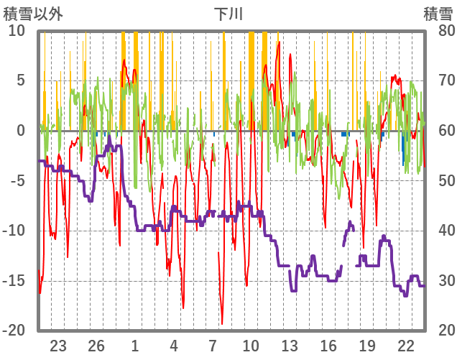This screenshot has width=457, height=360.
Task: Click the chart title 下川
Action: [228, 14]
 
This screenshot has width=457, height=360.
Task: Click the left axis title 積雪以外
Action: [33, 14]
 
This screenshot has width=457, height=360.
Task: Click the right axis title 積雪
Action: [438, 14]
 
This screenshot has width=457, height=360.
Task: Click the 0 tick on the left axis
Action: [21, 131]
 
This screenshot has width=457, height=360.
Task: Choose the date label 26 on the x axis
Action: [96, 345]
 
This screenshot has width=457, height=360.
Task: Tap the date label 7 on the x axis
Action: [213, 345]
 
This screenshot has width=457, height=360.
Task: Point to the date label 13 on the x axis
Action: [290, 345]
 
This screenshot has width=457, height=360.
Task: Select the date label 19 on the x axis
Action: [367, 345]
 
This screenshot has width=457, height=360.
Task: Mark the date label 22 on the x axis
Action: [406, 345]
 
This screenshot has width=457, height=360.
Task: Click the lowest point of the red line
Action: [222, 324]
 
